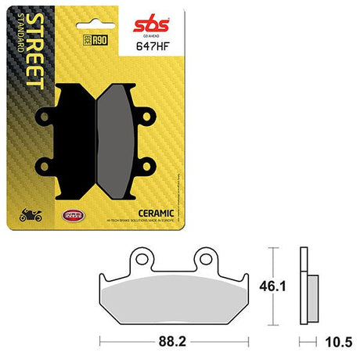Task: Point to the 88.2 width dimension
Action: [174, 341]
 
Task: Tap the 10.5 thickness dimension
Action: [333, 341]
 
